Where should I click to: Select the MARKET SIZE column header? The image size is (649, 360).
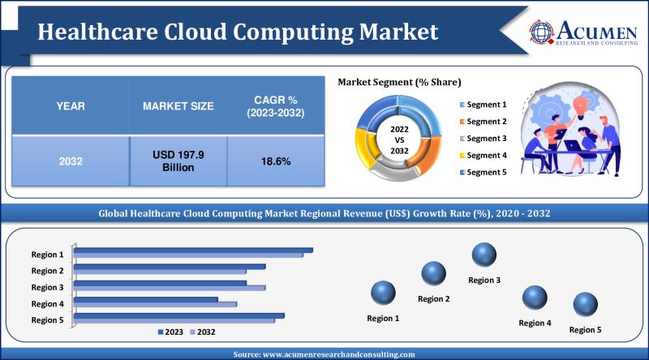click(x=178, y=106)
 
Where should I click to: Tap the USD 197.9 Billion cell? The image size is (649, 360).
click(x=178, y=161)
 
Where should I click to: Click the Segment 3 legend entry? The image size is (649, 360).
click(x=486, y=139)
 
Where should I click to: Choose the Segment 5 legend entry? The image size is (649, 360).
click(x=486, y=173)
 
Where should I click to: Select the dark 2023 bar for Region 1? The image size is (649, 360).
click(x=194, y=250)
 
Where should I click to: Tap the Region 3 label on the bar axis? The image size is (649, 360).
click(x=48, y=287)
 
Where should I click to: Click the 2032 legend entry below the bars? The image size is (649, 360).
click(x=203, y=332)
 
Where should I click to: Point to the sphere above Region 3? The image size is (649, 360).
click(x=484, y=255)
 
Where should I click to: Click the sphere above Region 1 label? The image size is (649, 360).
click(x=383, y=293)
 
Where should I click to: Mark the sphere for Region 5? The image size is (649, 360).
click(x=585, y=305)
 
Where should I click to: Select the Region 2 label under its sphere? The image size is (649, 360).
click(x=434, y=299)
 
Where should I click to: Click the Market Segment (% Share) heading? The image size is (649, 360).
click(x=399, y=83)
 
